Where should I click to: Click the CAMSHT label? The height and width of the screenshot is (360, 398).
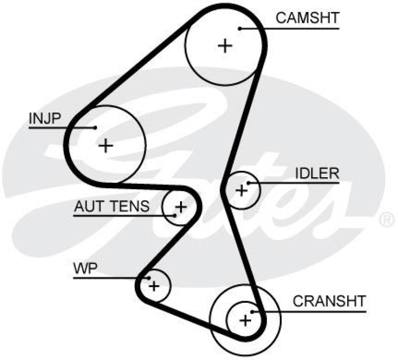(307, 18)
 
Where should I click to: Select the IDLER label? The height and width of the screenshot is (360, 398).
(317, 173)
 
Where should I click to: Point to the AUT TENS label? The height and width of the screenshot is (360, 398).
(111, 206)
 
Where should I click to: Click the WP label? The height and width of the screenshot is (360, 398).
(85, 269)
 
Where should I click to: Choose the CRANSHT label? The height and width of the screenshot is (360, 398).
(329, 301)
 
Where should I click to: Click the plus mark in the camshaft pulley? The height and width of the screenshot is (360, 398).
(225, 46)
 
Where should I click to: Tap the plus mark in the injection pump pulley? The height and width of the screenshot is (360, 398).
(105, 146)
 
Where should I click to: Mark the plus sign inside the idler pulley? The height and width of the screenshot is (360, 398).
(241, 190)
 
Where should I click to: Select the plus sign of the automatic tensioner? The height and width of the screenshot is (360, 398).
(181, 206)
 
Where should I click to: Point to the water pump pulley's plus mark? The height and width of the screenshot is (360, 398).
(154, 286)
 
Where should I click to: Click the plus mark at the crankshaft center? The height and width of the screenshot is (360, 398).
(245, 320)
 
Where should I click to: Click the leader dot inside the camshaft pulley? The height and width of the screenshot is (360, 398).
(239, 28)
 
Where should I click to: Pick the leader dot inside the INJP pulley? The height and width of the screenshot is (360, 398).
(95, 128)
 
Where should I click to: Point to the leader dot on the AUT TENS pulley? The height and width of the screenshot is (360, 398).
(175, 215)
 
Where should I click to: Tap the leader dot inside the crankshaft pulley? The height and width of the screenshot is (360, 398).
(253, 312)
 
